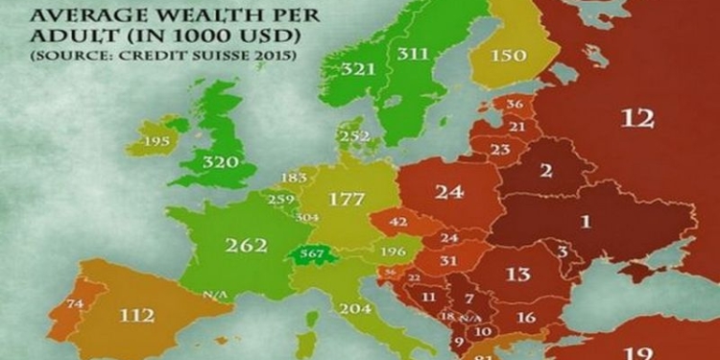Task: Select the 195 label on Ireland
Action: [x=156, y=141]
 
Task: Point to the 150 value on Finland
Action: [x=508, y=55]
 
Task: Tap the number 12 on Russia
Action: [x=636, y=118]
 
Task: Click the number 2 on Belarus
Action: [x=545, y=172]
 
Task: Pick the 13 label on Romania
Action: [x=517, y=275]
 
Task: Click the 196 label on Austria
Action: [x=395, y=252]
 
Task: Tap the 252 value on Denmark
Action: [x=354, y=136]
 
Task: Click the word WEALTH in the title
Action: [x=156, y=13]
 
